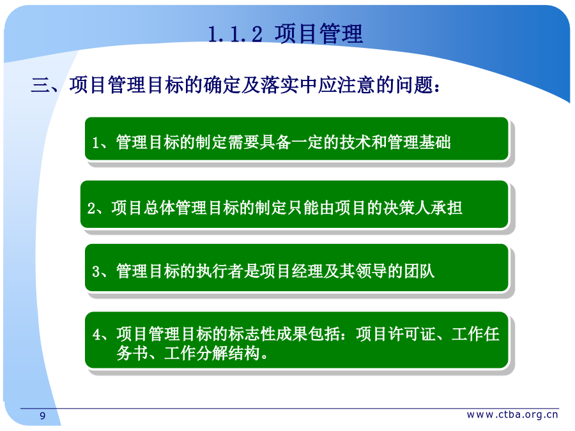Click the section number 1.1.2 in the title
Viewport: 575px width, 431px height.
(235, 34)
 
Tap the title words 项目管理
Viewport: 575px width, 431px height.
(319, 33)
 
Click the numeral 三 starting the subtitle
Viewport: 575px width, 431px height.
(40, 85)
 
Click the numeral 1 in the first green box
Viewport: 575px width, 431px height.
(96, 143)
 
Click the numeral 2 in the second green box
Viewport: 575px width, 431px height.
(91, 208)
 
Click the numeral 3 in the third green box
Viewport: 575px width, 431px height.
(96, 271)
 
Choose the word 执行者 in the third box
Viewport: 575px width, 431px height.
(220, 271)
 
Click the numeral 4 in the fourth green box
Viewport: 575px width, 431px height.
(96, 335)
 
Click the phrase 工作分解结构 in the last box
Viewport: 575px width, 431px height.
(212, 353)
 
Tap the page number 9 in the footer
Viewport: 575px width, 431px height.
(43, 416)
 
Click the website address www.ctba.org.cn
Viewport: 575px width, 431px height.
(512, 414)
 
